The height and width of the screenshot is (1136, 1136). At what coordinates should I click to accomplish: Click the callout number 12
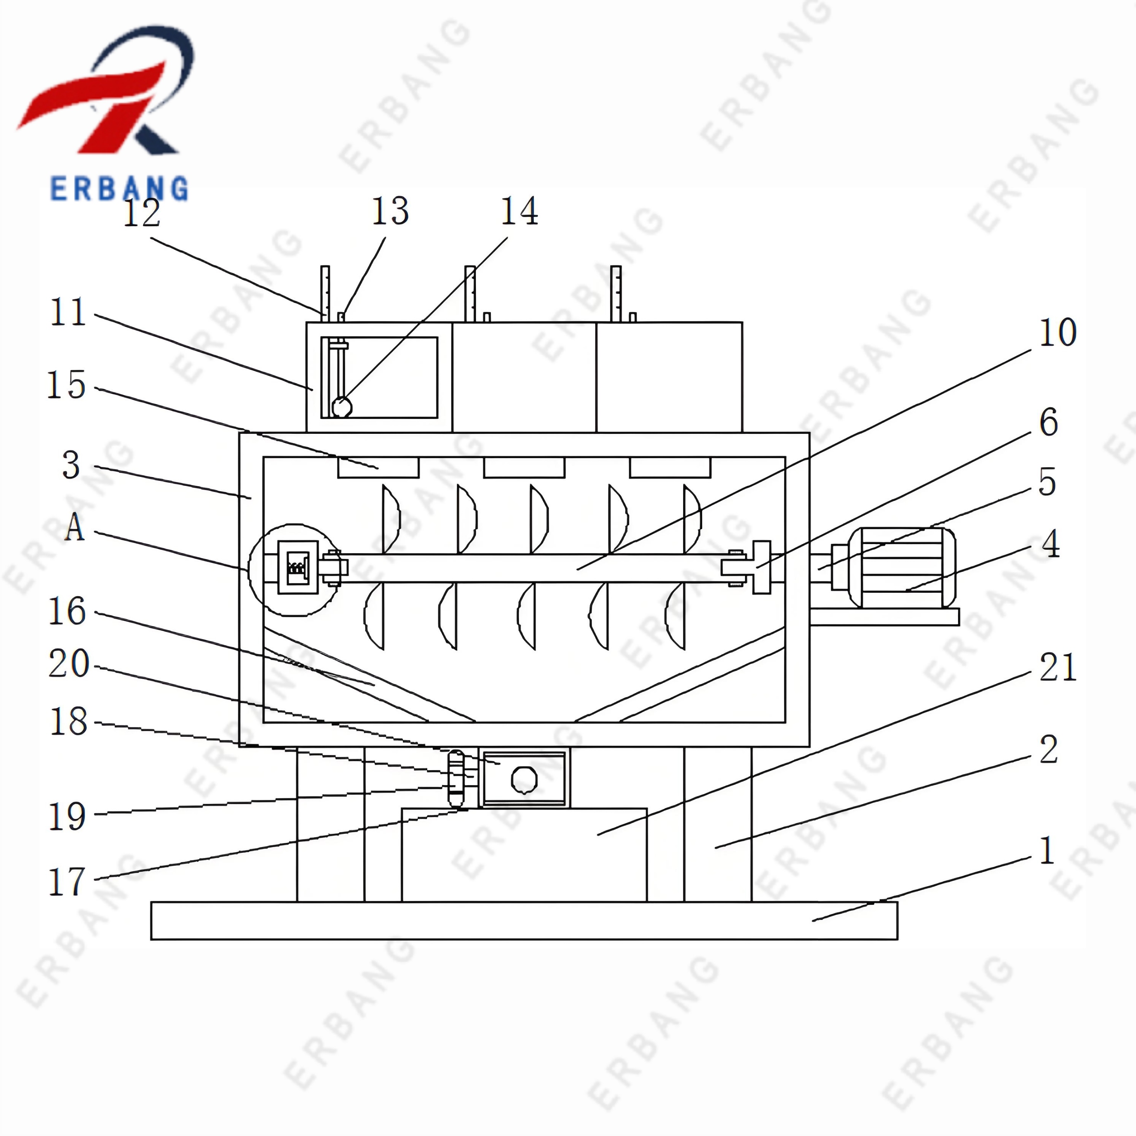(x=141, y=213)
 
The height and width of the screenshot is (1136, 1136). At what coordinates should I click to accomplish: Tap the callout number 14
(x=518, y=211)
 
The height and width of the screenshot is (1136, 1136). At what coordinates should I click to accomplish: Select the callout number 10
(x=1057, y=333)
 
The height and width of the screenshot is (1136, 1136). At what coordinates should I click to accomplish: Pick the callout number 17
(x=67, y=882)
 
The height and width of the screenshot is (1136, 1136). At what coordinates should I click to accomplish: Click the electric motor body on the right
(x=899, y=568)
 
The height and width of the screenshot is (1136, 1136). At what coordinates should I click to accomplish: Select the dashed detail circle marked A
(x=294, y=569)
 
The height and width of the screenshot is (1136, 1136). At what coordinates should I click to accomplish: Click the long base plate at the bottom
(x=523, y=920)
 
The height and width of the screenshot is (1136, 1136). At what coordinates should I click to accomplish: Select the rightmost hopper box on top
(x=669, y=377)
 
